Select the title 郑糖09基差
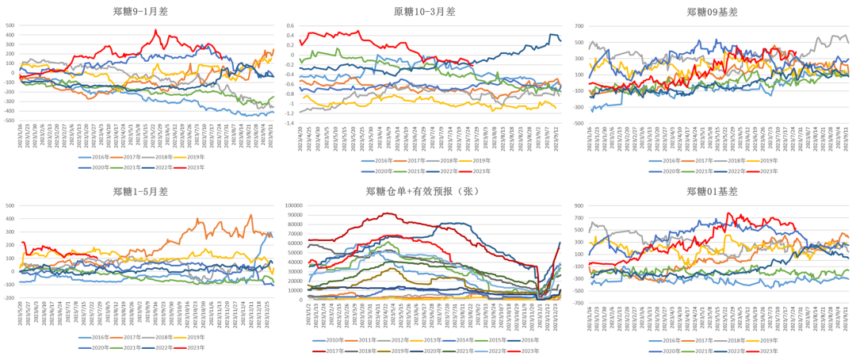pos(713,11)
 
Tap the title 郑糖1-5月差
pos(140,191)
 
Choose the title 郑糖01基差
pos(713,191)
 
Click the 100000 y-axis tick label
pos(292,205)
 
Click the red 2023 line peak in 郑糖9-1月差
pos(155,31)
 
